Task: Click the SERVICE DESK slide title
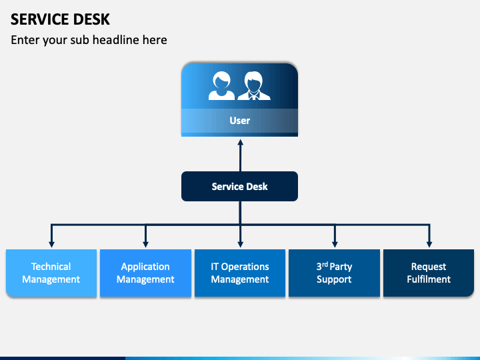pyautogui.click(x=61, y=19)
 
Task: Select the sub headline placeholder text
pyautogui.click(x=89, y=40)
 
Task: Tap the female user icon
pyautogui.click(x=221, y=87)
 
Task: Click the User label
pyautogui.click(x=239, y=121)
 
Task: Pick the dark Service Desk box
pyautogui.click(x=239, y=187)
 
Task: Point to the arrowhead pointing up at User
pyautogui.click(x=240, y=142)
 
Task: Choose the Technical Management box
pyautogui.click(x=51, y=273)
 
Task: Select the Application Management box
pyautogui.click(x=145, y=273)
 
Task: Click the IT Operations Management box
pyautogui.click(x=240, y=273)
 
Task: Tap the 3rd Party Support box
pyautogui.click(x=334, y=273)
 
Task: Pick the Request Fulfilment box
pyautogui.click(x=429, y=273)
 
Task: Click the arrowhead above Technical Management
pyautogui.click(x=51, y=243)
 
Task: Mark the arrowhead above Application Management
pyautogui.click(x=146, y=243)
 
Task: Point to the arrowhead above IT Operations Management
pyautogui.click(x=240, y=243)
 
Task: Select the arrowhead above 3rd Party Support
pyautogui.click(x=335, y=243)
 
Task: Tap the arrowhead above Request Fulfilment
pyautogui.click(x=429, y=243)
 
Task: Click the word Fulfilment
pyautogui.click(x=429, y=279)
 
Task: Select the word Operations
pyautogui.click(x=245, y=267)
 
